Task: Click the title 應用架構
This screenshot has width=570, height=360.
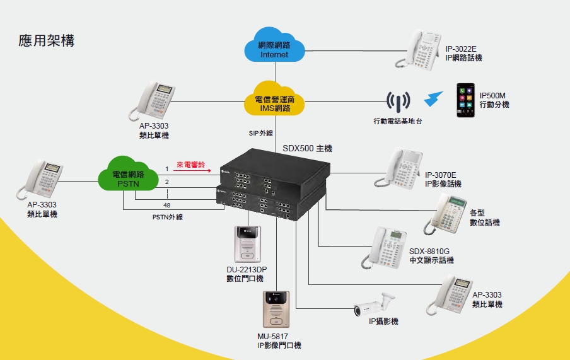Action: (47, 41)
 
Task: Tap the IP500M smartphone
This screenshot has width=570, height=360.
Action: (465, 101)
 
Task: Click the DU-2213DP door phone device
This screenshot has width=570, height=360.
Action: (246, 244)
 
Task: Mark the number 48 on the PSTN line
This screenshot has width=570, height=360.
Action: (166, 206)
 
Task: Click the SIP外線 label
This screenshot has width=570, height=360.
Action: (260, 133)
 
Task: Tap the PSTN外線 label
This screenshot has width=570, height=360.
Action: (167, 217)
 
